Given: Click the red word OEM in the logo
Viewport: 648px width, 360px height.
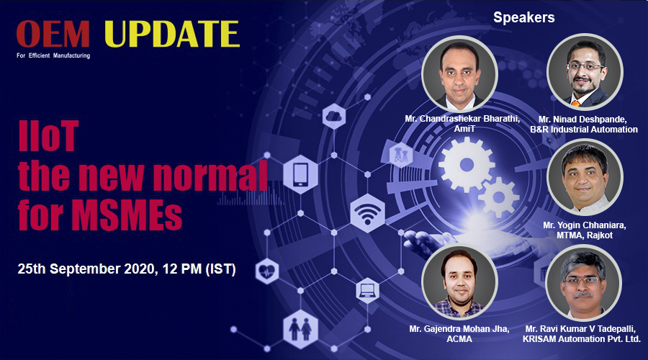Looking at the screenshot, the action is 53,34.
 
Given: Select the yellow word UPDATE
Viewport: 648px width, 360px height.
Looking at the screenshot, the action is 171,34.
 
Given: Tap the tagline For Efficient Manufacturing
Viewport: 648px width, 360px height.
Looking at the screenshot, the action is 53,55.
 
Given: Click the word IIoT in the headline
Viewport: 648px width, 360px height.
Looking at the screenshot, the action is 48,135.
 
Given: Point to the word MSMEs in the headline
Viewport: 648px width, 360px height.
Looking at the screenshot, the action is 126,215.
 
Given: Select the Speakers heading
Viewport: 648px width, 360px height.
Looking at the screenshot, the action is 523,17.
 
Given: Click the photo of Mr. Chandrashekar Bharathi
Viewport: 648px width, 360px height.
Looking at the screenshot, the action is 459,73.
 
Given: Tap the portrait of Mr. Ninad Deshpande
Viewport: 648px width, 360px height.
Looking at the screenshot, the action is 585,71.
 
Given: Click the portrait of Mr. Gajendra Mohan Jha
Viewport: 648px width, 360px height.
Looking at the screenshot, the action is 459,282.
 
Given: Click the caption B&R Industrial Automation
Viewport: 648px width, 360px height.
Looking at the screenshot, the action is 583,130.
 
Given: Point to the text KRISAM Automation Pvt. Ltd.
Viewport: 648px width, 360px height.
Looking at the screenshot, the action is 582,339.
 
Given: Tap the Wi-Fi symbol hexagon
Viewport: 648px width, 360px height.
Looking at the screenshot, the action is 367,213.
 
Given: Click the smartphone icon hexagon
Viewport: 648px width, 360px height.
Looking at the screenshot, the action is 300,174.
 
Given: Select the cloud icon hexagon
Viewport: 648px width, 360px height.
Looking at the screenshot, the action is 334,117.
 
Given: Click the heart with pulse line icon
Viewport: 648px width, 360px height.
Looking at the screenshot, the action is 267,271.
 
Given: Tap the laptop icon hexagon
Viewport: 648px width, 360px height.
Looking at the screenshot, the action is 367,291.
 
